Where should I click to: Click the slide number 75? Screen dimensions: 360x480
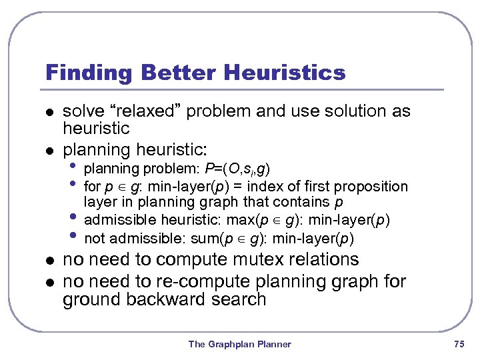(x=458, y=344)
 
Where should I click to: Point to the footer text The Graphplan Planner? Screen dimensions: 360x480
(x=239, y=344)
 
